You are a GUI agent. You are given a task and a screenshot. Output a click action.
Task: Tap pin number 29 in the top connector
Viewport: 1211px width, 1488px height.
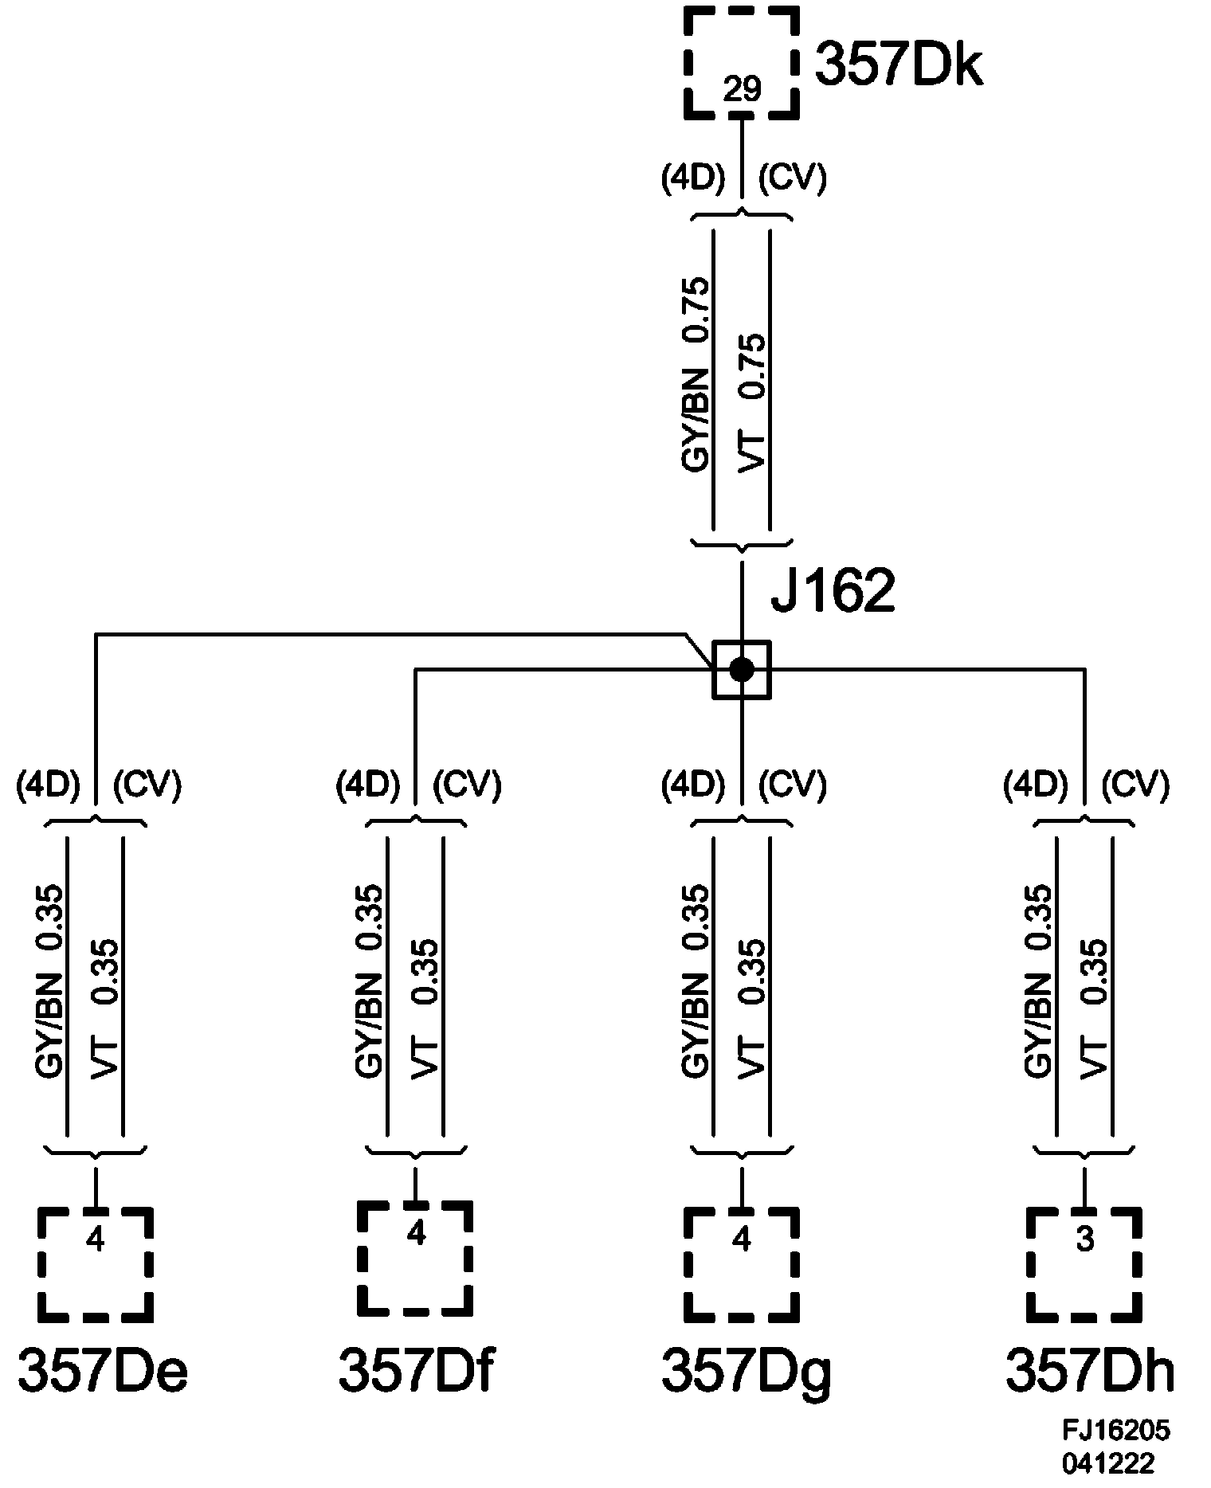pyautogui.click(x=742, y=90)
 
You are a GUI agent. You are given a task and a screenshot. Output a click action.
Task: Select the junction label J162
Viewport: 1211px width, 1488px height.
pyautogui.click(x=833, y=591)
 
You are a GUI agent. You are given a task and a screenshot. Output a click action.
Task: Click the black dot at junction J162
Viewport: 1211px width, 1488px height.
pyautogui.click(x=742, y=670)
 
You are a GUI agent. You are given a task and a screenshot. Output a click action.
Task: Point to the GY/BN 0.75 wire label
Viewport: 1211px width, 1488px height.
pyautogui.click(x=696, y=374)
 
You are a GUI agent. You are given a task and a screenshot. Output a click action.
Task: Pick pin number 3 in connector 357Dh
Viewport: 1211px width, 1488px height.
pyautogui.click(x=1084, y=1240)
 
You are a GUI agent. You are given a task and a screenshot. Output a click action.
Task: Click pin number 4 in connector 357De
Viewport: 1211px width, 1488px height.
pyautogui.click(x=96, y=1240)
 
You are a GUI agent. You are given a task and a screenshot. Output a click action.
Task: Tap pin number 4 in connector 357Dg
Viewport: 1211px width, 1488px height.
pyautogui.click(x=742, y=1240)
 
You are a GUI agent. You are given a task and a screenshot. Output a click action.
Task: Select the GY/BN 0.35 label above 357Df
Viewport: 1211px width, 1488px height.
pyautogui.click(x=370, y=981)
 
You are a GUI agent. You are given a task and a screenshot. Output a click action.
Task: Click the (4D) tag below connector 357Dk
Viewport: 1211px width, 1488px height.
pyautogui.click(x=693, y=179)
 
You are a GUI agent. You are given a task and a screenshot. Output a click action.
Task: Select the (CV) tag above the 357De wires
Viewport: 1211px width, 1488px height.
pyautogui.click(x=147, y=785)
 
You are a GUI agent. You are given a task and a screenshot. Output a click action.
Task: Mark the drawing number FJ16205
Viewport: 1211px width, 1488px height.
pyautogui.click(x=1115, y=1431)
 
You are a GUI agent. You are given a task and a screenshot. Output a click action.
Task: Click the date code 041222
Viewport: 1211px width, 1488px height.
pyautogui.click(x=1107, y=1463)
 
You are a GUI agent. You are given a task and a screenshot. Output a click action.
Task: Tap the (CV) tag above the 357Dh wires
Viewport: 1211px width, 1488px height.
pyautogui.click(x=1135, y=785)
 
